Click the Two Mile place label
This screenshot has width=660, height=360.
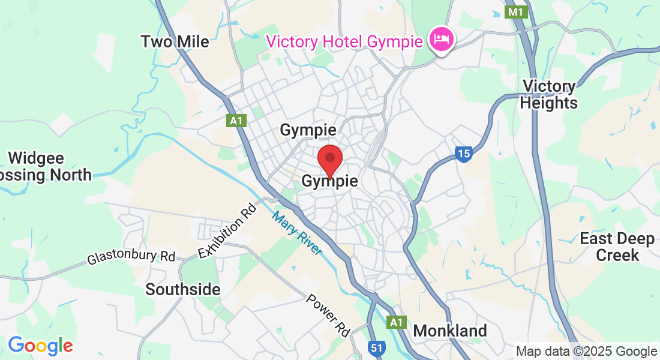coord(175,41)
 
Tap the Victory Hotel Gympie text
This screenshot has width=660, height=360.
coord(345,41)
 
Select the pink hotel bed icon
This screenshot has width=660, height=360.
coord(442,40)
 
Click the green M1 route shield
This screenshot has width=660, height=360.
coord(515,12)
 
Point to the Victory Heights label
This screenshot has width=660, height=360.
coord(548,95)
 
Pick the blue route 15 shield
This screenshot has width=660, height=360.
coord(463,154)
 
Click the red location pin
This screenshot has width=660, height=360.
coord(329,160)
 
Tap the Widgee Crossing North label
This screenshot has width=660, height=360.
coord(45,167)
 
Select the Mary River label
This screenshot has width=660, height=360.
coord(296,233)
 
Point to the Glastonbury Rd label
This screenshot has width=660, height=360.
coord(131,257)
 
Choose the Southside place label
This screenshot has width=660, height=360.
coord(183,290)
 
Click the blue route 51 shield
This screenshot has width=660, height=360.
coord(376,348)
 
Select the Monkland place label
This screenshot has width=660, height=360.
coord(450,331)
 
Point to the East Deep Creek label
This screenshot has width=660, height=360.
coord(617,247)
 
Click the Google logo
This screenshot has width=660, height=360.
coord(40,345)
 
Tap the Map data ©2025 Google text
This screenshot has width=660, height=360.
coord(586,352)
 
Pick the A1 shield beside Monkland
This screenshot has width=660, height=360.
coord(395,322)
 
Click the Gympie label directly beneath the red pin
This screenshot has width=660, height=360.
coord(329,181)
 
